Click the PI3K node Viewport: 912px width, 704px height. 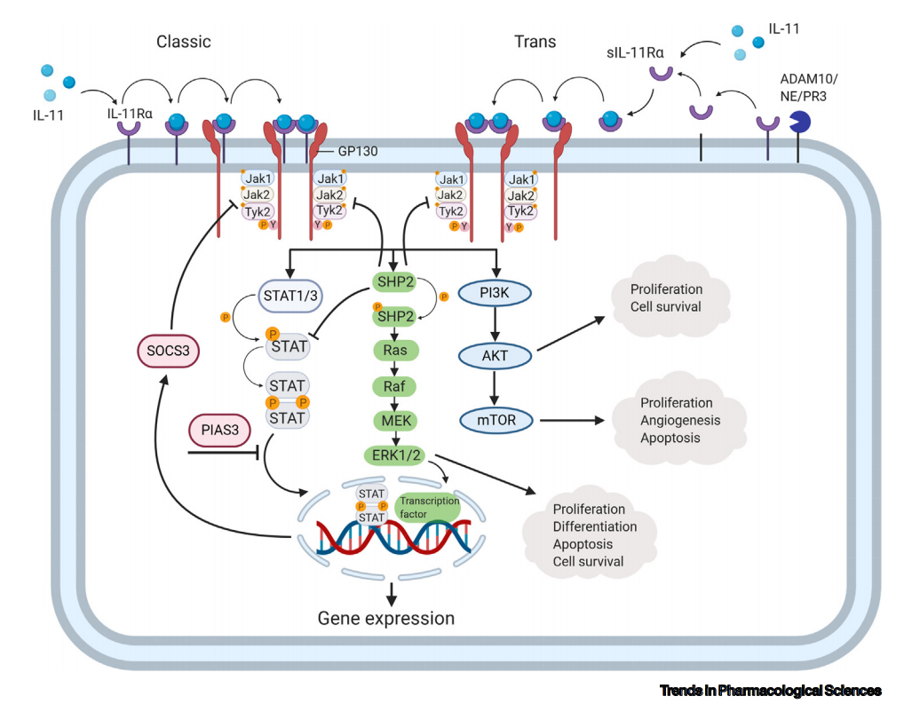point(496,292)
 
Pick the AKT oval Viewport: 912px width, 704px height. point(496,356)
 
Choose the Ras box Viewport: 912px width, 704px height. point(395,351)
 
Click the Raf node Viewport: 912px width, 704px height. point(395,385)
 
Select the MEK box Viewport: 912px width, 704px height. point(395,419)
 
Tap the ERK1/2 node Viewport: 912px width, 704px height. point(395,455)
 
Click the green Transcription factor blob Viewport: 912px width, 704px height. point(428,507)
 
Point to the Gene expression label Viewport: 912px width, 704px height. point(386,618)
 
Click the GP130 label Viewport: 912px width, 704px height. point(358,151)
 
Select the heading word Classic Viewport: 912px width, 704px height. point(184,42)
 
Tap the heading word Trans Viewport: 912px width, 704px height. point(535,42)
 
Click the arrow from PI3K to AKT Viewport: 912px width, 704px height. point(496,324)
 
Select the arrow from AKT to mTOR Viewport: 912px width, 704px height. point(496,387)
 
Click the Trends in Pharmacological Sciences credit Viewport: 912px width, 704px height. point(771,690)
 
